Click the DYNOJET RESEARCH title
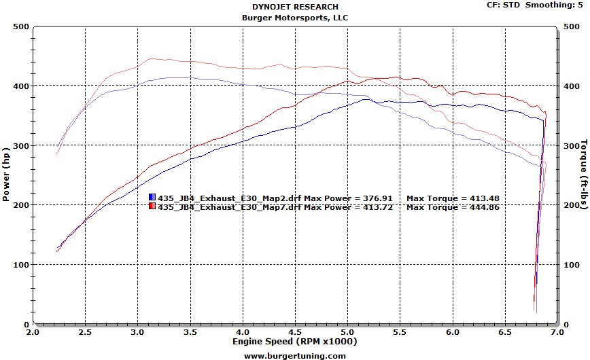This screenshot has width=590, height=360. click(294, 7)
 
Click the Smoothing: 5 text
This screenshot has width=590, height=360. click(560, 5)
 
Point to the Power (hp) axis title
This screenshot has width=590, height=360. click(6, 176)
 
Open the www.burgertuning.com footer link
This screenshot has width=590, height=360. click(294, 355)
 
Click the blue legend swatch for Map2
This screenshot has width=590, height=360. click(152, 198)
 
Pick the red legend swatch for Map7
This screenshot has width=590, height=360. click(152, 206)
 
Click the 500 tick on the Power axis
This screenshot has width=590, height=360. click(20, 26)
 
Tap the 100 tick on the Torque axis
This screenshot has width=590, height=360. click(569, 265)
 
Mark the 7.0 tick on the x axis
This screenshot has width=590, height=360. click(556, 333)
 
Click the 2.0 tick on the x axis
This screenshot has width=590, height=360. click(32, 333)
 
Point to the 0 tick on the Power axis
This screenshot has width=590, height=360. click(25, 324)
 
